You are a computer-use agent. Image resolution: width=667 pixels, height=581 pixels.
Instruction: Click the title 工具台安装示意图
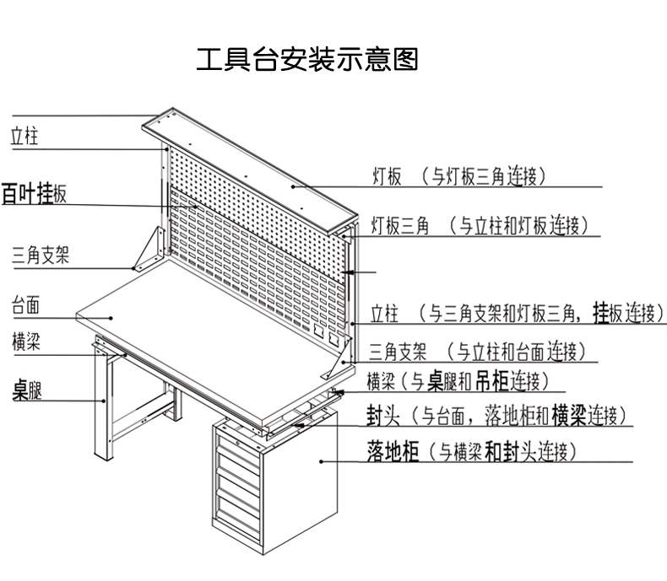click(306, 60)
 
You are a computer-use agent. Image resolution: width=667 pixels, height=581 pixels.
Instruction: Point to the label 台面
click(25, 304)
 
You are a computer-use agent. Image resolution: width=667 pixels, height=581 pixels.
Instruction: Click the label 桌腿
click(27, 390)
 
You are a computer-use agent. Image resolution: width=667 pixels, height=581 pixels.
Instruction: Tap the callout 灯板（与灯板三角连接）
click(460, 176)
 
